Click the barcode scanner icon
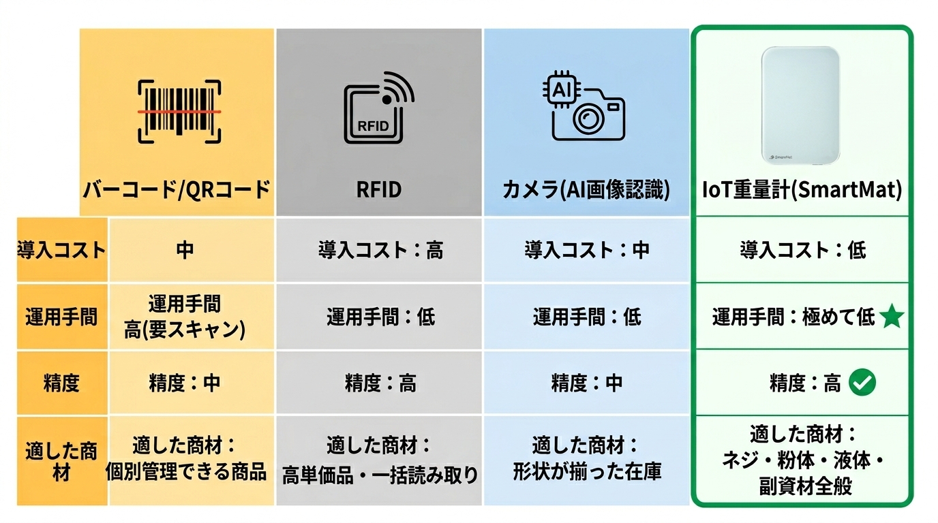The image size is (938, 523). pos(179,111)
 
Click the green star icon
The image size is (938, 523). pos(892,317)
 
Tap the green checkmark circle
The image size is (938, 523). pos(862,383)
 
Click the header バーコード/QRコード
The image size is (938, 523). pos(177,190)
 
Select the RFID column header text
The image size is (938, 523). pos(379,190)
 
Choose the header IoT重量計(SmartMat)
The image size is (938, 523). pos(802,190)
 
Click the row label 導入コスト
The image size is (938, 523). pos(61,250)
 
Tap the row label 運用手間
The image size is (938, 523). pos(61,317)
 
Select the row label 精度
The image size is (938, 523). pos(61,383)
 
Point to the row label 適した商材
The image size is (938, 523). pos(61,461)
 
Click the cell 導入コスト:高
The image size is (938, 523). pos(380,251)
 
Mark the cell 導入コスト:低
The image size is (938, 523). pos(802,251)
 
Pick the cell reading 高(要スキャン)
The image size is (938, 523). pos(185,330)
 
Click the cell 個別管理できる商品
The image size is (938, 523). pos(185,472)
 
